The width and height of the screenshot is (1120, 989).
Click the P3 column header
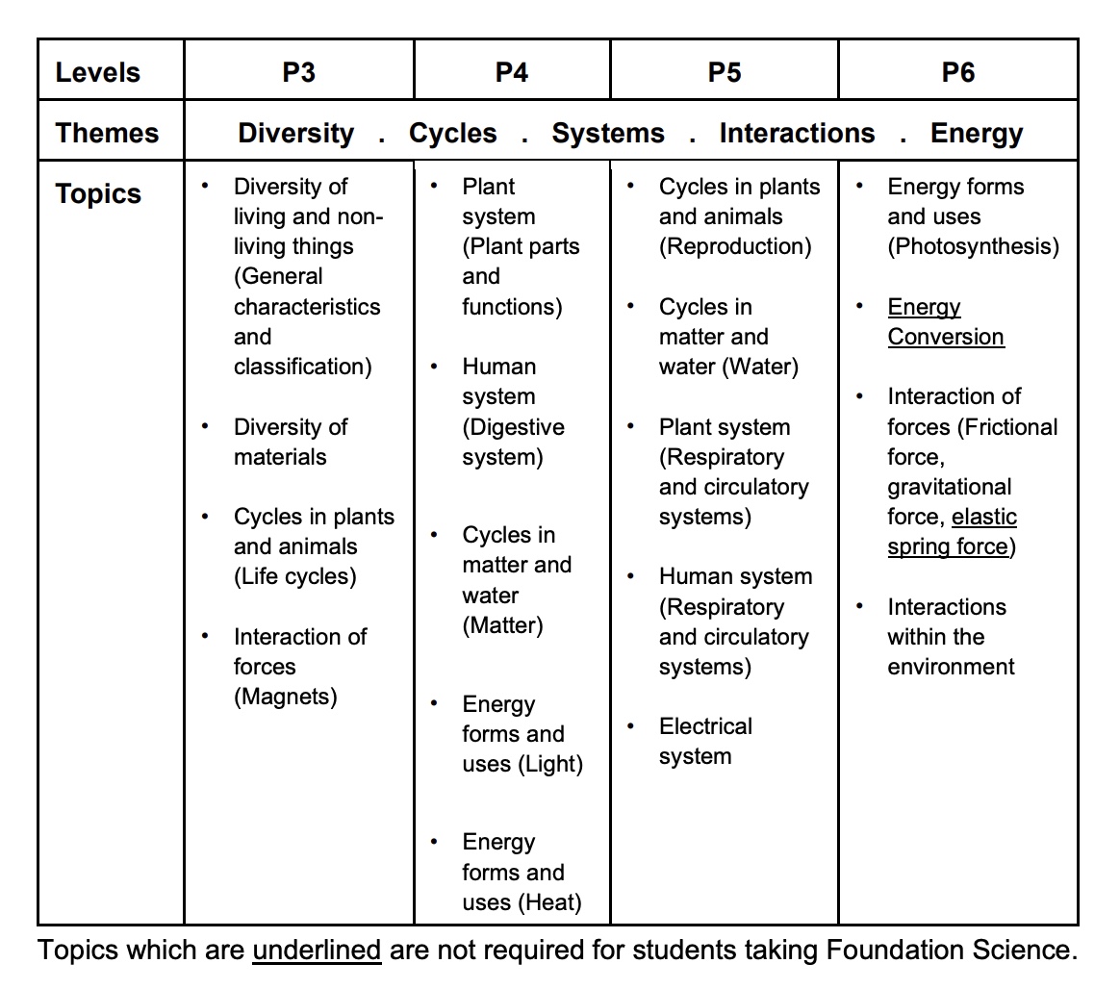(298, 72)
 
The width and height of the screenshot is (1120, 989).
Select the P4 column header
(511, 72)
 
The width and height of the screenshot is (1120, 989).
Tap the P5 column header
(724, 72)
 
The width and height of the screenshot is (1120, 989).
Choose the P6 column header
(957, 72)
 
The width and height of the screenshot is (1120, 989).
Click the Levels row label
(98, 72)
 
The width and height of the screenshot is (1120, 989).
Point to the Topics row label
(98, 193)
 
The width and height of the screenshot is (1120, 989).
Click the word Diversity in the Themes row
(296, 133)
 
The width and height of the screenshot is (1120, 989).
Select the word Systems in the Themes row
(607, 133)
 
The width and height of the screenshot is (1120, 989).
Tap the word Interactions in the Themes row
(797, 133)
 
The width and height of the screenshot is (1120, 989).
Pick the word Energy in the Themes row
(976, 133)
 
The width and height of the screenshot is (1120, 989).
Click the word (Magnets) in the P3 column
(286, 697)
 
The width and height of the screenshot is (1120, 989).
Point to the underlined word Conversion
(945, 337)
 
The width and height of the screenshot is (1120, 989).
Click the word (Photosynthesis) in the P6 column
(973, 246)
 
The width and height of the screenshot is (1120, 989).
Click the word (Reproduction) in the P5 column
(735, 246)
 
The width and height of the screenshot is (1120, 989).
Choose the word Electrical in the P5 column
(705, 726)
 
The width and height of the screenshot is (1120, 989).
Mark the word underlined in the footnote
(317, 951)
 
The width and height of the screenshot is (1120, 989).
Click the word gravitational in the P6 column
(949, 487)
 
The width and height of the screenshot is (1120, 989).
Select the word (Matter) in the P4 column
(502, 625)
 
